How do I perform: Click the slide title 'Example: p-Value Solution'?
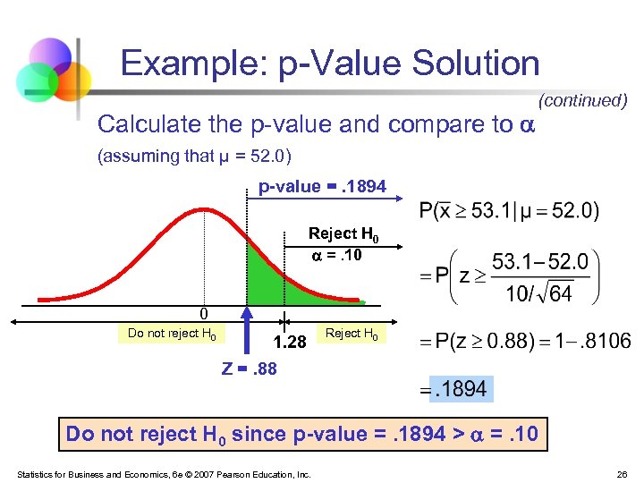(330, 64)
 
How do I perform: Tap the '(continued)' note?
(582, 100)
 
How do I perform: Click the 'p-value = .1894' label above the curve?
(322, 187)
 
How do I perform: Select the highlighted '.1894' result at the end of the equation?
(458, 388)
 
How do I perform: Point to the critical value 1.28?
(290, 342)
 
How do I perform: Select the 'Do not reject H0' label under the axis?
(172, 334)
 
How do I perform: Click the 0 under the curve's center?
(204, 314)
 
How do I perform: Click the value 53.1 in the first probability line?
(487, 212)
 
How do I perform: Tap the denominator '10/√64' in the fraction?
(540, 292)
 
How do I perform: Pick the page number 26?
(621, 474)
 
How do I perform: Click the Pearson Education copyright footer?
(164, 474)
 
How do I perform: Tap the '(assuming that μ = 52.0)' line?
(194, 156)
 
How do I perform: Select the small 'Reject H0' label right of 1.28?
(352, 334)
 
